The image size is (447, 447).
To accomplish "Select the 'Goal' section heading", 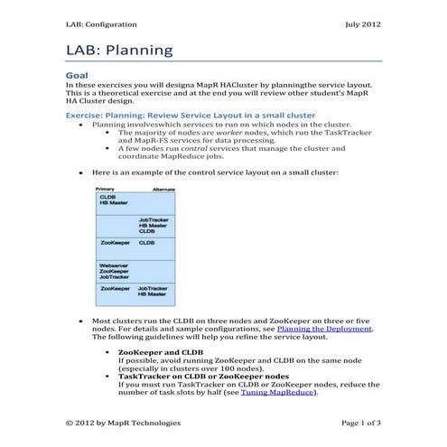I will pyautogui.click(x=77, y=76).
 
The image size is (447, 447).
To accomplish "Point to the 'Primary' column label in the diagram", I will pyautogui.click(x=105, y=190).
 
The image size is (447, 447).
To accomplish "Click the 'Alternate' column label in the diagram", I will pyautogui.click(x=163, y=190).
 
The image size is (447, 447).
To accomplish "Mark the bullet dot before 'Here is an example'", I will pyautogui.click(x=81, y=171).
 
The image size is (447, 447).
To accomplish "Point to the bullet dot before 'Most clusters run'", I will pyautogui.click(x=81, y=321).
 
